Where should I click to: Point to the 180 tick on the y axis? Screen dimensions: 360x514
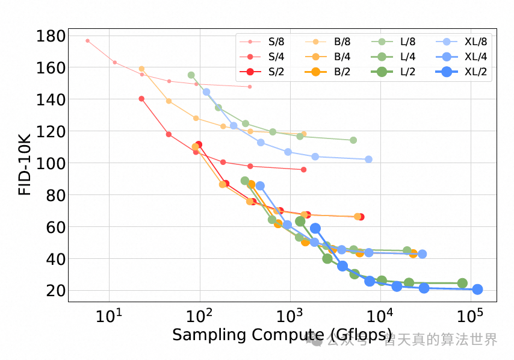click(51, 36)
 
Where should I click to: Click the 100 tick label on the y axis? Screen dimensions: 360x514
click(51, 164)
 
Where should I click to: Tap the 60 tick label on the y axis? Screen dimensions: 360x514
click(55, 228)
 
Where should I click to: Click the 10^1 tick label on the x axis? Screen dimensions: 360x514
click(109, 315)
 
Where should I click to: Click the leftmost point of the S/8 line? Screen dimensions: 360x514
click(87, 41)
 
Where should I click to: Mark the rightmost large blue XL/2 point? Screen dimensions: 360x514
click(477, 290)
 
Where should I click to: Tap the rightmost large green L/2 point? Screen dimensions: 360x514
click(462, 283)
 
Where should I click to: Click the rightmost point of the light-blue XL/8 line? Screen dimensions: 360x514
click(368, 159)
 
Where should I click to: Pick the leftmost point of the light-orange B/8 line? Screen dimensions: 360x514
click(141, 69)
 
